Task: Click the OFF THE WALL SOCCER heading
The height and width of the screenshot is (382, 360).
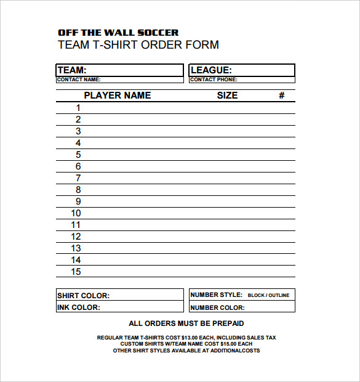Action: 118,32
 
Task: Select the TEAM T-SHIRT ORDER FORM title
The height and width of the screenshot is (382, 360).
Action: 138,45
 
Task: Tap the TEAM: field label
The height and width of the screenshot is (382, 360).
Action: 72,70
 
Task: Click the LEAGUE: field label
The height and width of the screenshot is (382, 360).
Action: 211,70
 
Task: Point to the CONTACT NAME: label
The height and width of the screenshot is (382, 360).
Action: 78,79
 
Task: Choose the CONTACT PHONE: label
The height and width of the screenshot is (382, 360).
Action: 214,79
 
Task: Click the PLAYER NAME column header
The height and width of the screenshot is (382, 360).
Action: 117,95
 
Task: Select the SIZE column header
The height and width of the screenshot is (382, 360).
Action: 227,95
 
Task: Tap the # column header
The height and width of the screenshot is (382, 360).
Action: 281,95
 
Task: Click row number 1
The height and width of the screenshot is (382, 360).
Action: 78,108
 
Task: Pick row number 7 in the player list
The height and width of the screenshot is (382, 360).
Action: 78,178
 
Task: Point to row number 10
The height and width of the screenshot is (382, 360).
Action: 76,213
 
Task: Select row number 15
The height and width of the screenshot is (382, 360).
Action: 76,272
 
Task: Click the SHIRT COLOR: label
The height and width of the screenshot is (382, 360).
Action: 83,296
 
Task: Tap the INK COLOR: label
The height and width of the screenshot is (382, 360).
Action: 78,307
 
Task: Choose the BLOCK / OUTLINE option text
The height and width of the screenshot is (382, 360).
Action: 268,296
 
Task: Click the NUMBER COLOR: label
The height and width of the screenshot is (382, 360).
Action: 217,307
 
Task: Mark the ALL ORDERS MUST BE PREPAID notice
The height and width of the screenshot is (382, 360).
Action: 186,323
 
